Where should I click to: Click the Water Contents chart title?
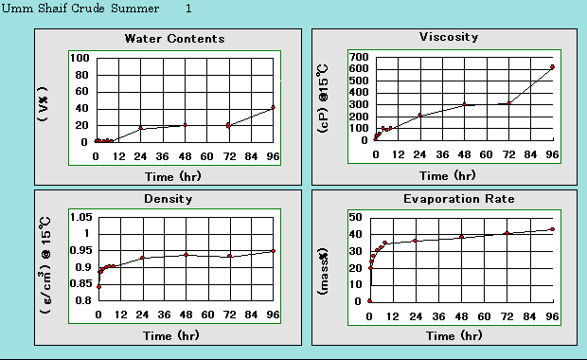pos(174,39)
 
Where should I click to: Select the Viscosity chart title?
pos(448,37)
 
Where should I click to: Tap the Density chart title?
pos(169,199)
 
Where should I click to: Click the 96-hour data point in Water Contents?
pos(274,107)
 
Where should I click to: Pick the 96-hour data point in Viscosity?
pos(552,67)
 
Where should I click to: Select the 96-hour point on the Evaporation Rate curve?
pos(552,229)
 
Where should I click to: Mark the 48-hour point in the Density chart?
pos(186,254)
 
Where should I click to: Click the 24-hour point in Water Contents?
pos(141,127)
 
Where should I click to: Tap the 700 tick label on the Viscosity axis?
pos(357,57)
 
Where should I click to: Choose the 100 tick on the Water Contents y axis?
pos(80,59)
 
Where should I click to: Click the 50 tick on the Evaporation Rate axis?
pos(358,218)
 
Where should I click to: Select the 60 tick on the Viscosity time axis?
pos(485,154)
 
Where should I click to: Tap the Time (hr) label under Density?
pos(170,335)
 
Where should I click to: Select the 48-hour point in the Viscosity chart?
pos(464,104)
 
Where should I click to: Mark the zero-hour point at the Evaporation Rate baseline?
pos(370,300)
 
